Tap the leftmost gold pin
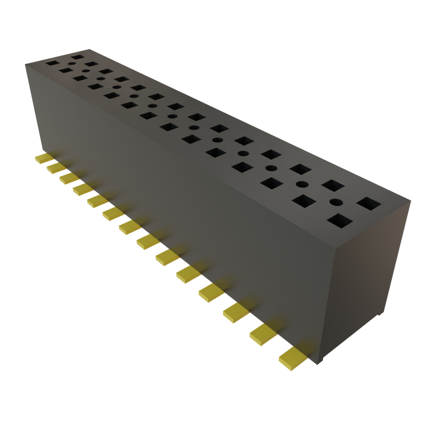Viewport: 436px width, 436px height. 43,158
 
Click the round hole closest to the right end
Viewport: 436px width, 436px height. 336,202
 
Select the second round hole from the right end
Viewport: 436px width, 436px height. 302,184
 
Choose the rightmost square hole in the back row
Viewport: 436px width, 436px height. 369,203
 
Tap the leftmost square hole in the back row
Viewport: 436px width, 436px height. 77,56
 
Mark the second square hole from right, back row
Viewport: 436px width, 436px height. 333,186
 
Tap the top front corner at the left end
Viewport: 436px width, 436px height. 26,63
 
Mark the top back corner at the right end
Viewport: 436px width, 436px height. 411,199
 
